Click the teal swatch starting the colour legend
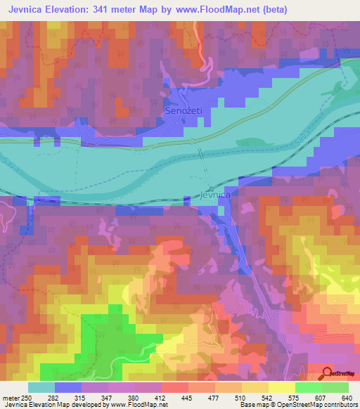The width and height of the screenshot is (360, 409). [41, 387]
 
